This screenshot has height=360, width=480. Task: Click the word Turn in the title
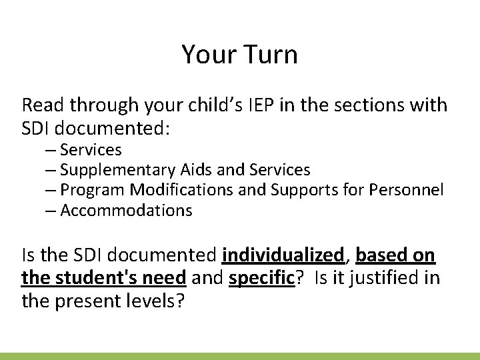[272, 55]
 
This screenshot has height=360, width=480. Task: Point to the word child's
[214, 105]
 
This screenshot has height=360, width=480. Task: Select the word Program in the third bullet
[93, 191]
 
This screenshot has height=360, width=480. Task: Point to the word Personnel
[408, 191]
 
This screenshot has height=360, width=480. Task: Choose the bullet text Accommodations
[126, 211]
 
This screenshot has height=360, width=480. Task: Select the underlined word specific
[261, 276]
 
